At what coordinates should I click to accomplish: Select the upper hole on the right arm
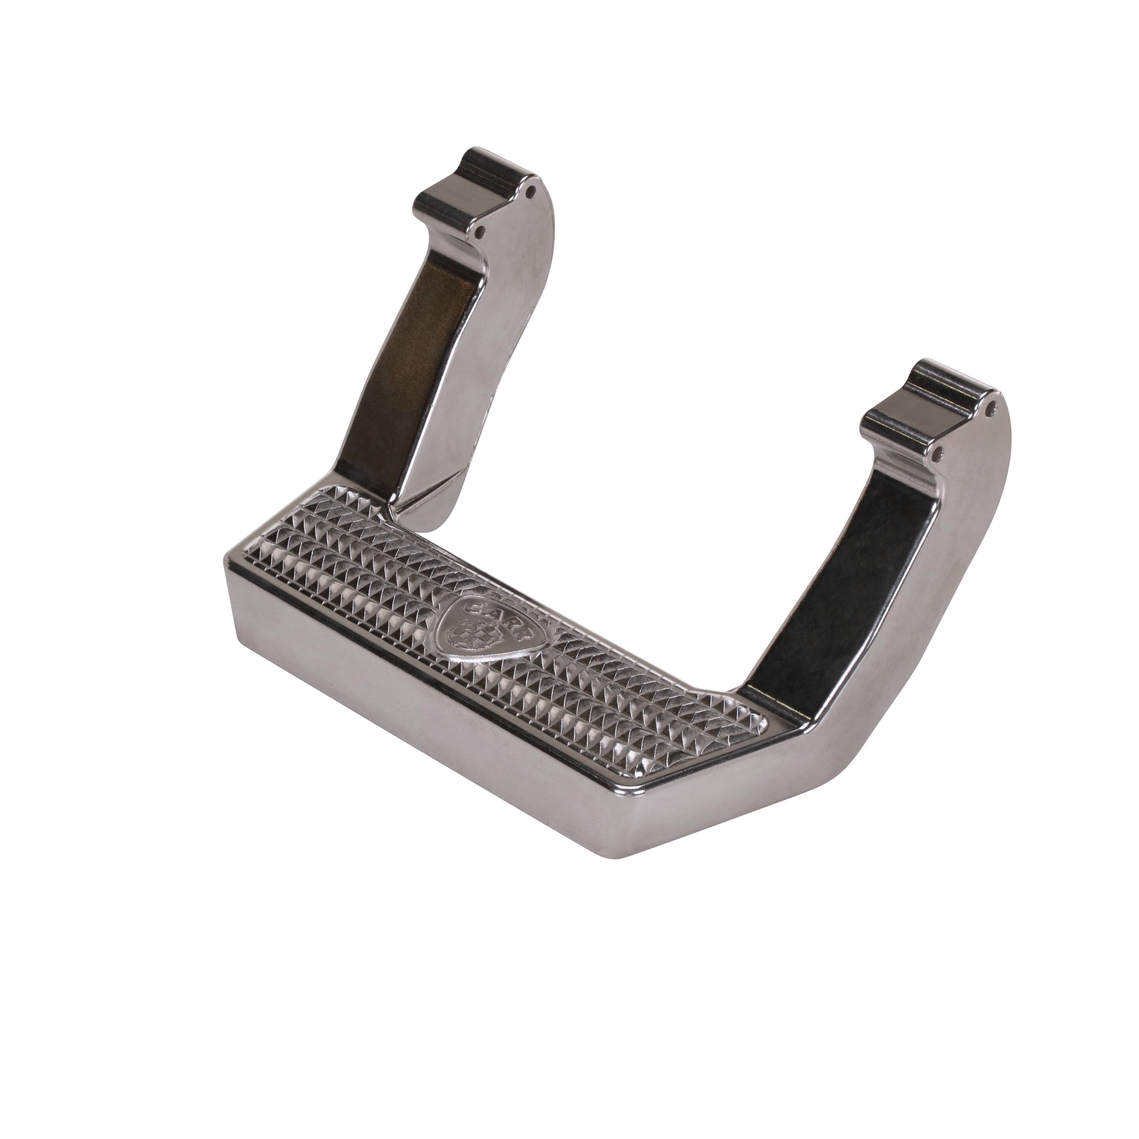point(993,405)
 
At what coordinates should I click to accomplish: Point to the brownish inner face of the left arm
point(424,330)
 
